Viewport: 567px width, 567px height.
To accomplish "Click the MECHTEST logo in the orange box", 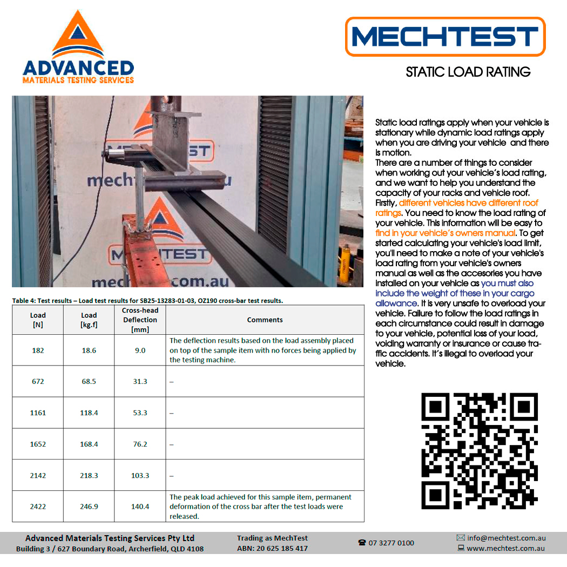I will pyautogui.click(x=445, y=37).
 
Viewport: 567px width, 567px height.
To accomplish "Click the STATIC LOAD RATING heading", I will pyautogui.click(x=468, y=72).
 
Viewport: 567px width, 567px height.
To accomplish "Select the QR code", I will pyautogui.click(x=480, y=451).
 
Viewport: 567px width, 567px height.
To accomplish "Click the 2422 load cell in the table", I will pyautogui.click(x=38, y=507).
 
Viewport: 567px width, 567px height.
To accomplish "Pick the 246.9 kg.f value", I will pyautogui.click(x=89, y=507).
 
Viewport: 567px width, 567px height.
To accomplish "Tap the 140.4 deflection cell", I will pyautogui.click(x=140, y=507).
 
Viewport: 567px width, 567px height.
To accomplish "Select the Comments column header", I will pyautogui.click(x=265, y=320).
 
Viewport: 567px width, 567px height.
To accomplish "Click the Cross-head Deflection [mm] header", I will pyautogui.click(x=140, y=320).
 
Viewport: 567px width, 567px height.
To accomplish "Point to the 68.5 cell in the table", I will pyautogui.click(x=89, y=381).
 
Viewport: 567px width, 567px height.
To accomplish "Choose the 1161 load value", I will pyautogui.click(x=38, y=413).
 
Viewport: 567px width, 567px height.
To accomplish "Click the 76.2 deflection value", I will pyautogui.click(x=140, y=444).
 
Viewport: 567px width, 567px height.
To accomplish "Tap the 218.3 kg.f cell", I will pyautogui.click(x=89, y=475).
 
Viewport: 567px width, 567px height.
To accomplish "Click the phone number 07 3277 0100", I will pyautogui.click(x=391, y=543).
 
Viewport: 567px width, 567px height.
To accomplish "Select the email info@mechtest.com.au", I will pyautogui.click(x=507, y=538).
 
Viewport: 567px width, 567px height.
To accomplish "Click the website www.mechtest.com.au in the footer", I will pyautogui.click(x=506, y=548).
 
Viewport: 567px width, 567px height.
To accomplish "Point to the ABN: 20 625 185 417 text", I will pyautogui.click(x=272, y=548).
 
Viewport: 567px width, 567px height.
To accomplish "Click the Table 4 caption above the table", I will pyautogui.click(x=147, y=300).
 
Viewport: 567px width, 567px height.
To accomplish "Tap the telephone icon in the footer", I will pyautogui.click(x=362, y=543).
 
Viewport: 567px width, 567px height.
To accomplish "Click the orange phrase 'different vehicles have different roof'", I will pyautogui.click(x=469, y=203).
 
